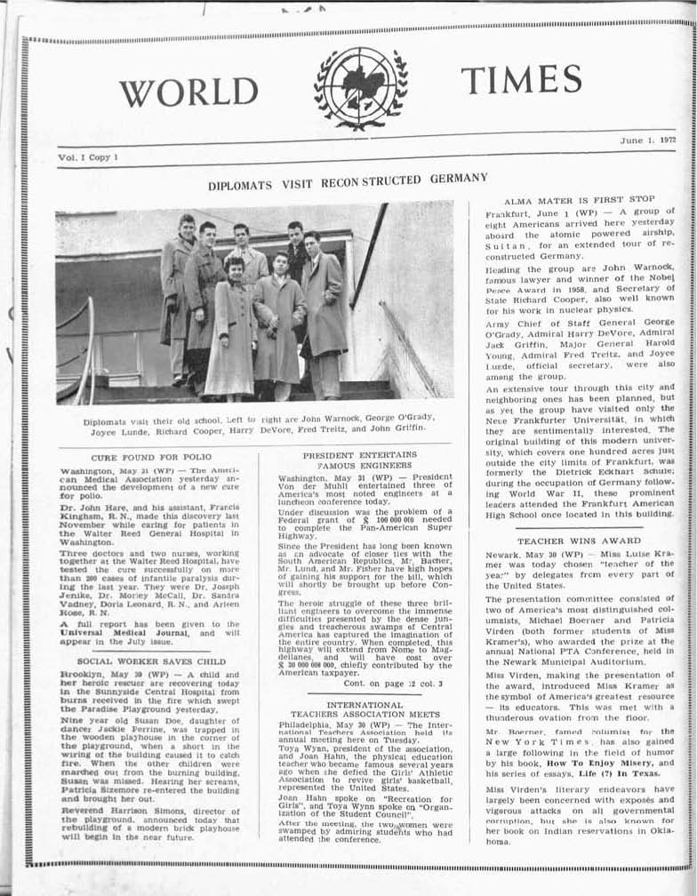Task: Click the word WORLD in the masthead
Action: tap(188, 92)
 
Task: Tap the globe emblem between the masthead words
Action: tap(360, 88)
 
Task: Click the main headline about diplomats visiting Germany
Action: tap(348, 182)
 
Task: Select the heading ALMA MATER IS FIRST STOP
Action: tap(579, 200)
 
